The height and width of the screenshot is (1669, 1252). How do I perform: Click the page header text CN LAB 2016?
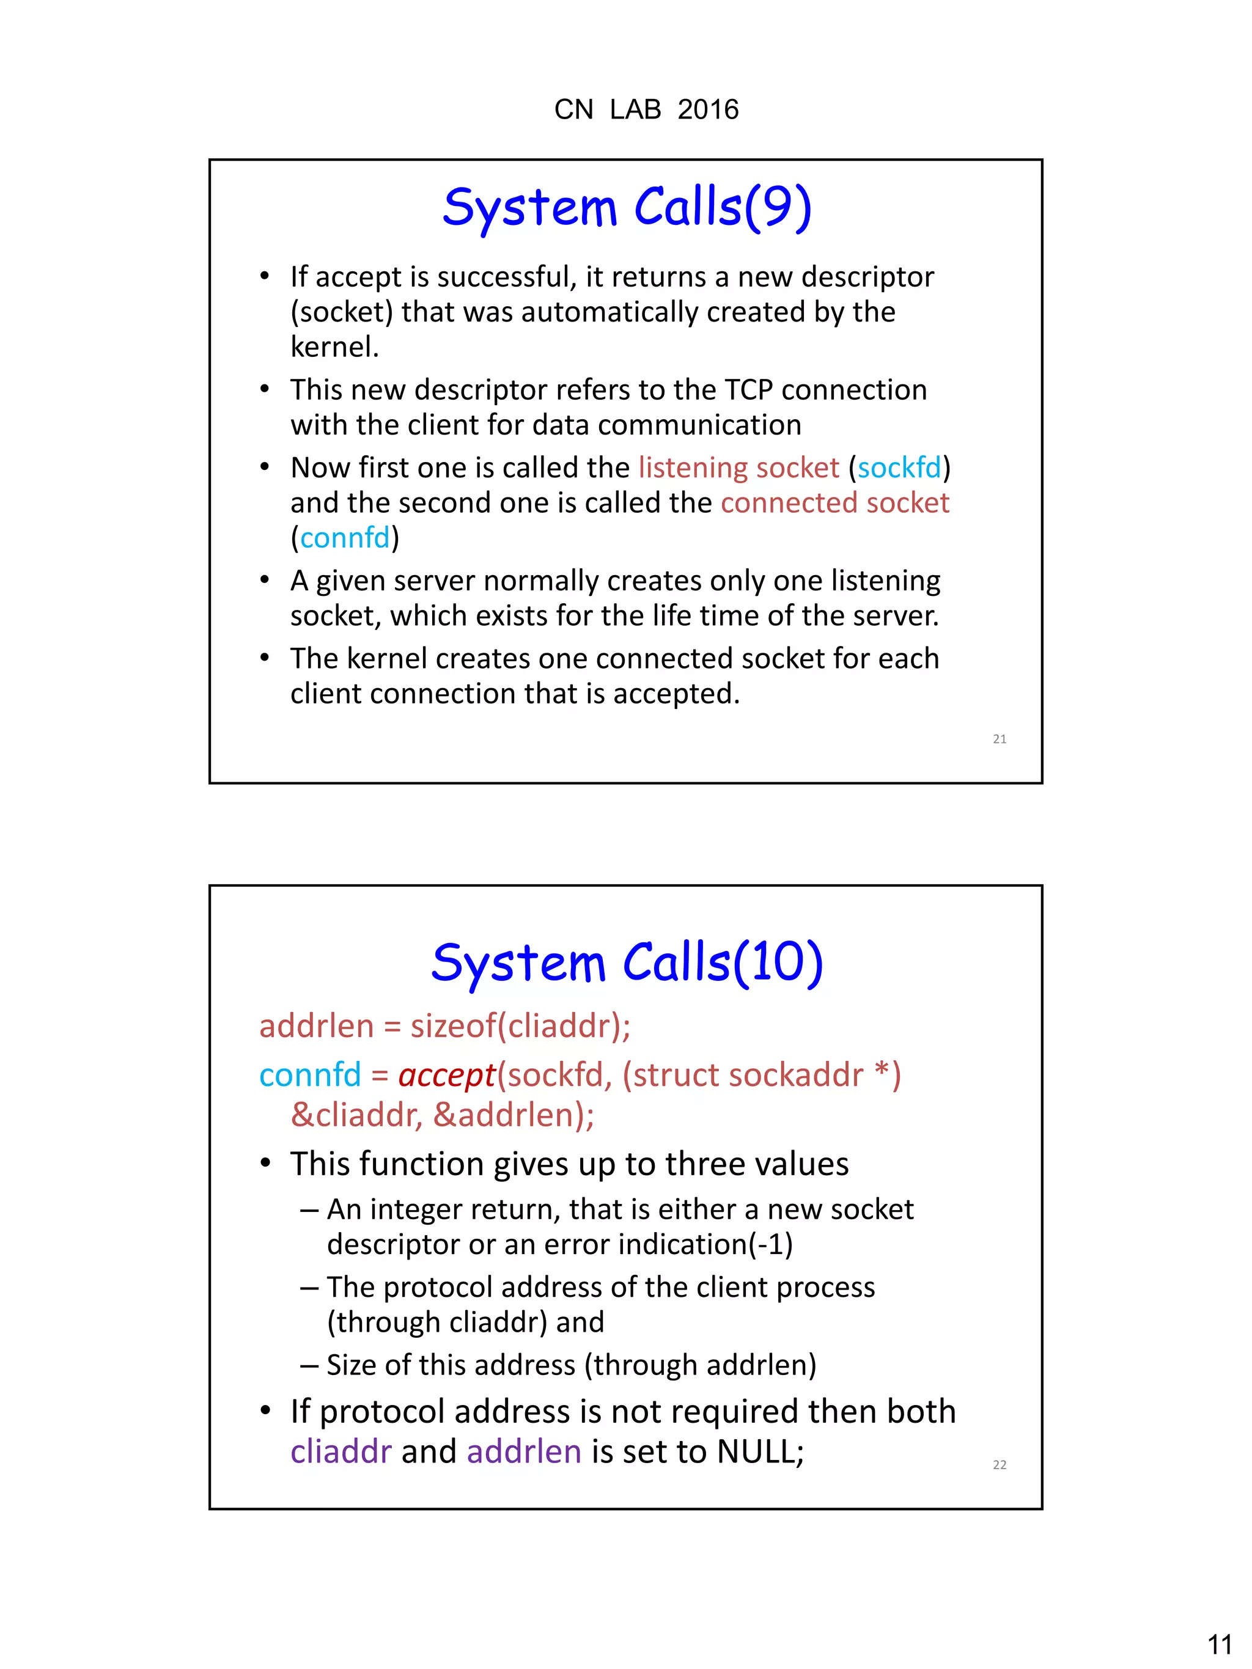(646, 110)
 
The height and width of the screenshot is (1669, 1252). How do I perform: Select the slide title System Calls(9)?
(627, 208)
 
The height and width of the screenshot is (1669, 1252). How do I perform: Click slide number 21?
(999, 739)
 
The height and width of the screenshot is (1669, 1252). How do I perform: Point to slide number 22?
(999, 1464)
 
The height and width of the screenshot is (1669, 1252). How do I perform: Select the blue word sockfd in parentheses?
(899, 468)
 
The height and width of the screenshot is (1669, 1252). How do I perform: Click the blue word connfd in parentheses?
(345, 538)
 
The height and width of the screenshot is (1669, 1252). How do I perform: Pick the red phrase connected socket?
(834, 503)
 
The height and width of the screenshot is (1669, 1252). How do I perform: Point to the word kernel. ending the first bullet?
(334, 347)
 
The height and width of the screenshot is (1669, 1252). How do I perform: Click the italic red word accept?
(447, 1074)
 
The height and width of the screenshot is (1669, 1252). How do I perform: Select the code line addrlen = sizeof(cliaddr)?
(444, 1026)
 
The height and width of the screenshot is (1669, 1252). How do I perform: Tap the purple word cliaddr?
(341, 1451)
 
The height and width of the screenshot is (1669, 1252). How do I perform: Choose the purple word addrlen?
(524, 1451)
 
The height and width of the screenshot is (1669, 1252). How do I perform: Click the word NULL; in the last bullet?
(760, 1451)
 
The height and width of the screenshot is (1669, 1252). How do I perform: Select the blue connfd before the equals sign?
(309, 1074)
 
